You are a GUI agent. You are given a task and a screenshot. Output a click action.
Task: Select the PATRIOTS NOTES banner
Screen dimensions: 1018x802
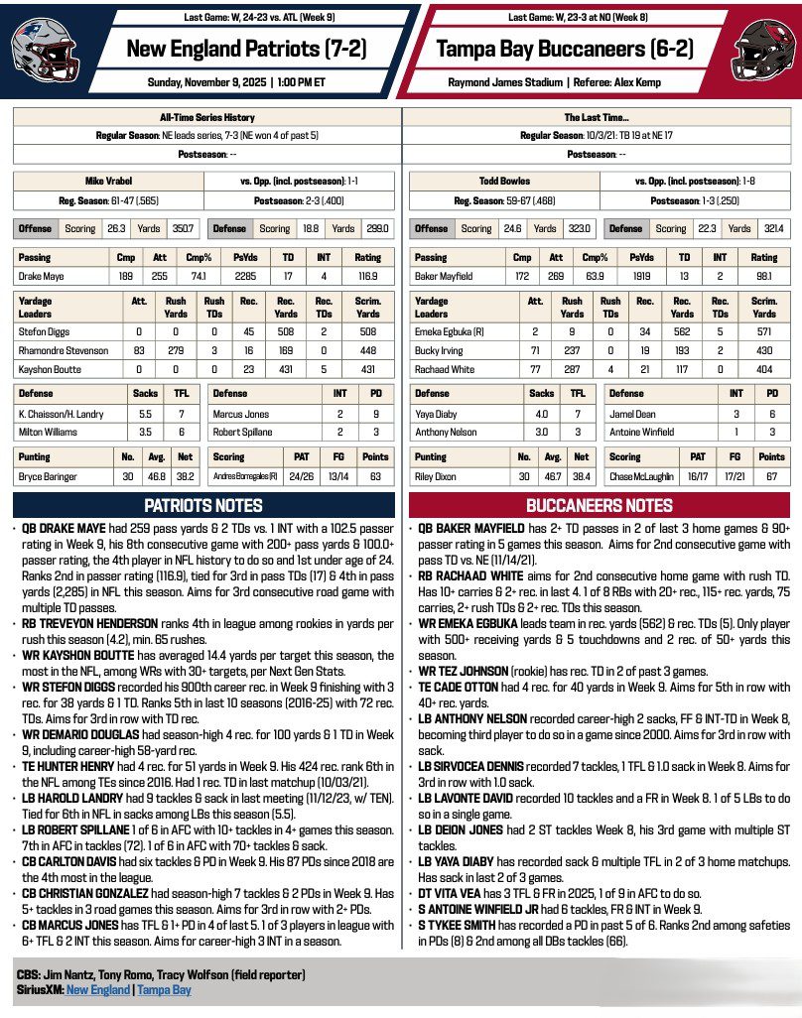click(x=202, y=505)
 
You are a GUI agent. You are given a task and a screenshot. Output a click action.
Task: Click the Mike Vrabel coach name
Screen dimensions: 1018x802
click(x=107, y=183)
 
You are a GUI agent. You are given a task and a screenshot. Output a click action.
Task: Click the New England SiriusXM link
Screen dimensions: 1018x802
click(x=98, y=990)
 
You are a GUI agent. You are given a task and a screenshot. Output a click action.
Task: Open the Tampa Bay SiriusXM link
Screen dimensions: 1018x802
click(x=164, y=990)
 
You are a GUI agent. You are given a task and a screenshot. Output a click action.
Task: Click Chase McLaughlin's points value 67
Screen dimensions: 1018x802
click(x=771, y=476)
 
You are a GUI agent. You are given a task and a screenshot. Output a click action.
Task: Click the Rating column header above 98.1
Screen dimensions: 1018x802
click(x=764, y=256)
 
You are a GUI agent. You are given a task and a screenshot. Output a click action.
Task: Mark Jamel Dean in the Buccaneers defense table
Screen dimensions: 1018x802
click(x=629, y=413)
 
